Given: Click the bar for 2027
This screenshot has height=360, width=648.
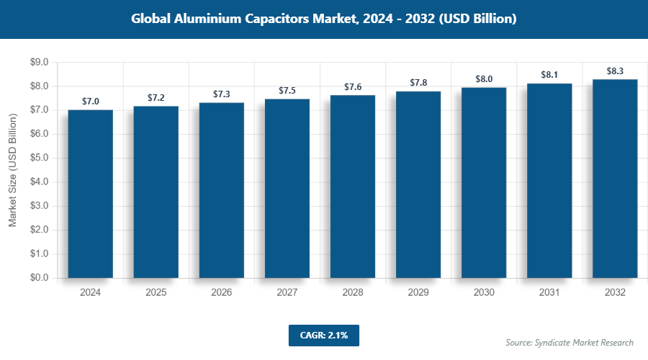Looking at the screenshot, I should [x=287, y=188].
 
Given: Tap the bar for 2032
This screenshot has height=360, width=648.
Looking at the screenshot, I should [x=615, y=178].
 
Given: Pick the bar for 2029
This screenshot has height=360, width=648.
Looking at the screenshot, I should [x=418, y=184].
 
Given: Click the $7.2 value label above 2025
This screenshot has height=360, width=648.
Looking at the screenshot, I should [x=156, y=97].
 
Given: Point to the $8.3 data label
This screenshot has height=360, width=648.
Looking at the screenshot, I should [x=615, y=71].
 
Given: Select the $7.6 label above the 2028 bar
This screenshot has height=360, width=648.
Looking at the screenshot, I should [x=353, y=87].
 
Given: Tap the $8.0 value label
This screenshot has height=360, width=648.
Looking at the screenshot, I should [x=484, y=78].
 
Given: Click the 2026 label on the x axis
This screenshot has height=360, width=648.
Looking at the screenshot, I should [x=222, y=293].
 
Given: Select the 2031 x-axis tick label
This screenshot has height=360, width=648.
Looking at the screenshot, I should [x=549, y=293].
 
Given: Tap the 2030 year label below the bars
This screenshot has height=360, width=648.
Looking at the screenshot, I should [x=484, y=293].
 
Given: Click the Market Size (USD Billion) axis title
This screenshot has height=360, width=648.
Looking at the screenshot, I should [x=12, y=171].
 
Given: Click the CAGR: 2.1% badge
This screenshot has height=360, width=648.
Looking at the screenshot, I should [x=323, y=336].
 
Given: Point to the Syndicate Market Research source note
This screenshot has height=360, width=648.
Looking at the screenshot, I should [x=569, y=342].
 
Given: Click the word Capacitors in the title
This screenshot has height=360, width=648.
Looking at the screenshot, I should [x=277, y=19].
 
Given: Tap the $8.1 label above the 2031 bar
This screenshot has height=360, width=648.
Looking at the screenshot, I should [x=549, y=75].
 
